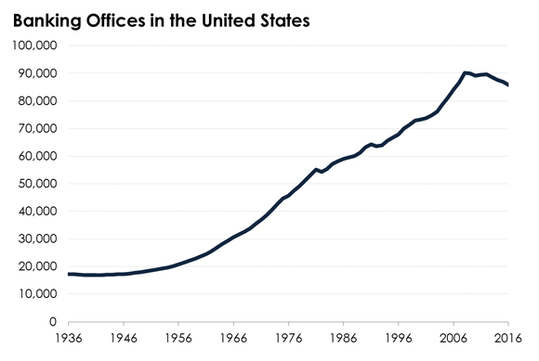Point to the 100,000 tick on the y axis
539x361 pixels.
[33, 45]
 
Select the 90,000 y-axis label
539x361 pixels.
[36, 73]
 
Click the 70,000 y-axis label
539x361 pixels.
[36, 128]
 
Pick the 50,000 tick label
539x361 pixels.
[36, 184]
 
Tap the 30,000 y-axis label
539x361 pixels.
[36, 239]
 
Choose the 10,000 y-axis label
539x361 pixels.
[36, 294]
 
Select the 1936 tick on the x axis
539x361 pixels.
[69, 340]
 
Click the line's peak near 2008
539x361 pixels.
[465, 72]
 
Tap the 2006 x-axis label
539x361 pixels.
[454, 340]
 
